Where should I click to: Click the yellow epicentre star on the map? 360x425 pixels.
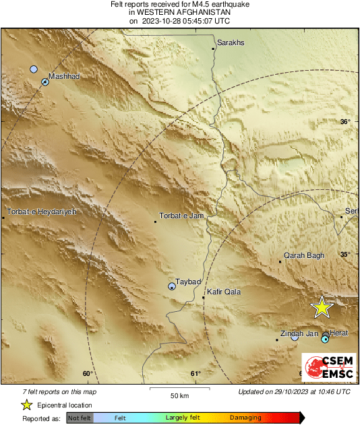pos(322,307)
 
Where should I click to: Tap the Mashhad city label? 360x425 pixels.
pos(65,77)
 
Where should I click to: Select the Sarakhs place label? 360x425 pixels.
pos(230,42)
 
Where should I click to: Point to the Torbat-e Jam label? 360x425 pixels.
pos(181,216)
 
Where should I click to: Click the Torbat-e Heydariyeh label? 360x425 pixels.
pos(42,212)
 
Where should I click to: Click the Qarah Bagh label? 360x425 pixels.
pos(304,255)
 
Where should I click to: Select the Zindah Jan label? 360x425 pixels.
pos(299,333)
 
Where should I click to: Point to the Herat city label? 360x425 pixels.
pos(339,333)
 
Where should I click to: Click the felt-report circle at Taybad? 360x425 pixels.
pos(172,286)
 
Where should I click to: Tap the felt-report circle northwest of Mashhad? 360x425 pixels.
pos(34,69)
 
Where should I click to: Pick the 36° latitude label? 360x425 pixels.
pos(345,122)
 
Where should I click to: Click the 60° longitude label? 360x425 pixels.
pos(87,374)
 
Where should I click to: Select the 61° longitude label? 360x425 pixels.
pos(196,374)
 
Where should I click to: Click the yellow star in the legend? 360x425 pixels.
pos(27,405)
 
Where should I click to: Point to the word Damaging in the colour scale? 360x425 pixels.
pos(245,418)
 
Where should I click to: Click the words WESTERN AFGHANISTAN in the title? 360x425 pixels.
pos(180,12)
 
